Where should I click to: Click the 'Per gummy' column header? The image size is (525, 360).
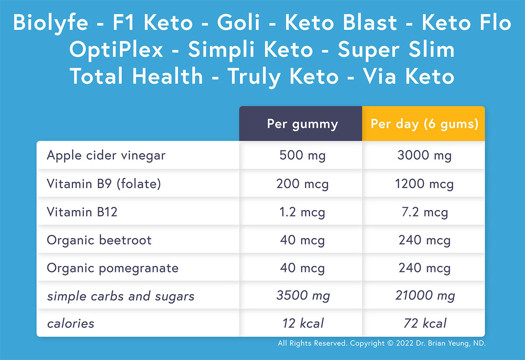click(302, 124)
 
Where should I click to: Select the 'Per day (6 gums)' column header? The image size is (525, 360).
click(424, 124)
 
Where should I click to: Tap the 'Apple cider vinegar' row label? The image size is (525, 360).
click(106, 155)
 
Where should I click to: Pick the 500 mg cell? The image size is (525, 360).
click(302, 155)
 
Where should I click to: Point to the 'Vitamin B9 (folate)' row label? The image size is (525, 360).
click(104, 184)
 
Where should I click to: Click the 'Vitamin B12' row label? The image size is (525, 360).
click(82, 212)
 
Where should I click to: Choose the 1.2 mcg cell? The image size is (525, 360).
click(302, 212)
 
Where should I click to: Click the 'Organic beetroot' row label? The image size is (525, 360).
click(99, 240)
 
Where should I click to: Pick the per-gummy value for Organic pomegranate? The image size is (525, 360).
click(302, 268)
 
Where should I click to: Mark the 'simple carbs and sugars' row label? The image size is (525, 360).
click(121, 296)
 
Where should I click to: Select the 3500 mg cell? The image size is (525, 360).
click(302, 296)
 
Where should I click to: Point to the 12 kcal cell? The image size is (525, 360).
click(302, 324)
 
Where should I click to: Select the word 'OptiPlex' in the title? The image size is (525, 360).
click(116, 50)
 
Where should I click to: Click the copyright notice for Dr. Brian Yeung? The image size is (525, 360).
click(381, 344)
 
